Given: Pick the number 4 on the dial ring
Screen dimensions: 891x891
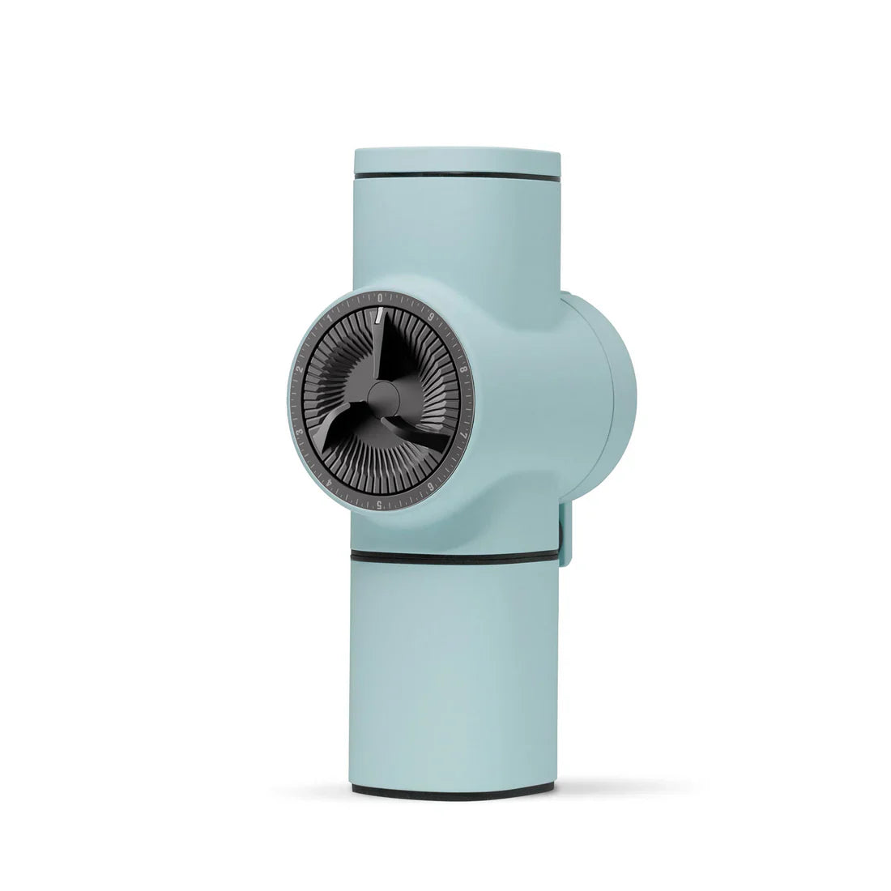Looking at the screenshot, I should pos(327,484).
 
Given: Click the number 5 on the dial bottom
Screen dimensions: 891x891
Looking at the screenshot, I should pos(380,505).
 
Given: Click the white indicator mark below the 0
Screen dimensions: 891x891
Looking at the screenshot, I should pos(378,316).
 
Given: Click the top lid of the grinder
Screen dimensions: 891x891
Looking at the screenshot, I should pos(458,158).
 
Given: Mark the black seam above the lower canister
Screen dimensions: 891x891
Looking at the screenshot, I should pos(454,557).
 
